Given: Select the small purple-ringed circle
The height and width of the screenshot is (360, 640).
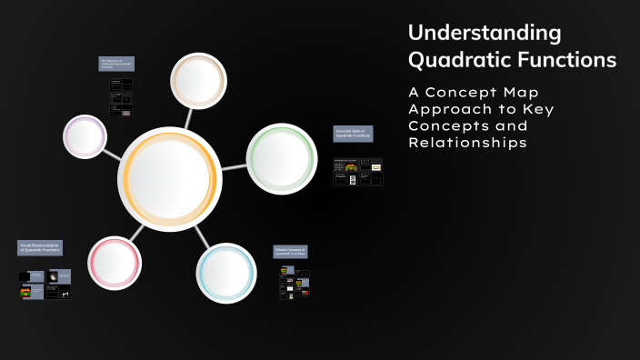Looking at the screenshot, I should coord(85,138).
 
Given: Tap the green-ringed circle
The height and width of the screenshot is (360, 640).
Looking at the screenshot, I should coord(282,158).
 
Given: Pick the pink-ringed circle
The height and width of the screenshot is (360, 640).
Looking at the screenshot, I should coord(115,264).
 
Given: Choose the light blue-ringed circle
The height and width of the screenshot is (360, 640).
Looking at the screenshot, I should coord(226,273).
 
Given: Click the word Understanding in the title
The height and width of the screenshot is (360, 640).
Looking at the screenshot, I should coord(485,34).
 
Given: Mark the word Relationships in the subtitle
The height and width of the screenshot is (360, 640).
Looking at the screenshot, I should coord(467,143).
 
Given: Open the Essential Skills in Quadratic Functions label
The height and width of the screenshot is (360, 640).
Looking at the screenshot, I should coord(353,134).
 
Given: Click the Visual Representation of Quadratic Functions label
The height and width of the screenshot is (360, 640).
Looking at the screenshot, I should coord(42,247).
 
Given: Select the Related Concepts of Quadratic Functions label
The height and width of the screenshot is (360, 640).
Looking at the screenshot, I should coord(290,251).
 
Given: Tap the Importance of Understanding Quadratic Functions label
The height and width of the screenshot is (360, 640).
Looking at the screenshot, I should coord(116,64).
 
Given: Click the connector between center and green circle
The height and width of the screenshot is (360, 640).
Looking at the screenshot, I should coord(235,166).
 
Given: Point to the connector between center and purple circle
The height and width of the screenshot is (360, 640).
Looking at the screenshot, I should coord(113,153).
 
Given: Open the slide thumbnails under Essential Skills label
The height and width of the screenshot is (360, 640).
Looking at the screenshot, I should coord(357,172).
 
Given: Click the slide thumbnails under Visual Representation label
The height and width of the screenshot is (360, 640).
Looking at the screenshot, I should coord(44,285).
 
